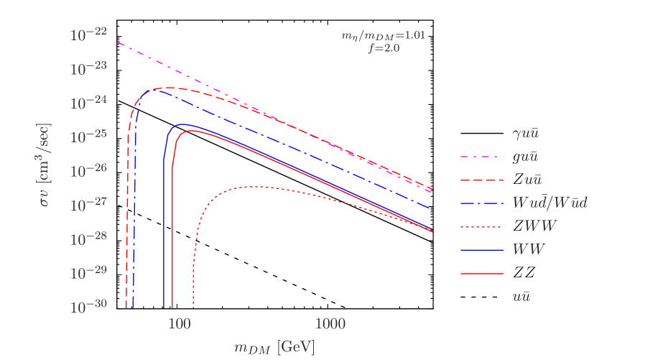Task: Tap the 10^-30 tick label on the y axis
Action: (88, 305)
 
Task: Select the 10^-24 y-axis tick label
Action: (88, 101)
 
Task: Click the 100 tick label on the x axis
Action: (178, 324)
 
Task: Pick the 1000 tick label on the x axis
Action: (330, 324)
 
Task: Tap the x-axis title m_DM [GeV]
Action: (274, 348)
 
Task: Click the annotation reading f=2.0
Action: (383, 48)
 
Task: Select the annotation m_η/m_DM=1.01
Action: (383, 34)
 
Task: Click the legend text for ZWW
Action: (534, 226)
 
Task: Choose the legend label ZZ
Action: (524, 273)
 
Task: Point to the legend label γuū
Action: (526, 132)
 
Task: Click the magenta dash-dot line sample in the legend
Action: (481, 157)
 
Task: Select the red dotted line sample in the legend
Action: (481, 226)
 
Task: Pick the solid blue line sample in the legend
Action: (481, 250)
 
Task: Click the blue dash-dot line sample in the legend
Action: (481, 203)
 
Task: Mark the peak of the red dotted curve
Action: (248, 187)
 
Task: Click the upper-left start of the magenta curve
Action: (119, 43)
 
